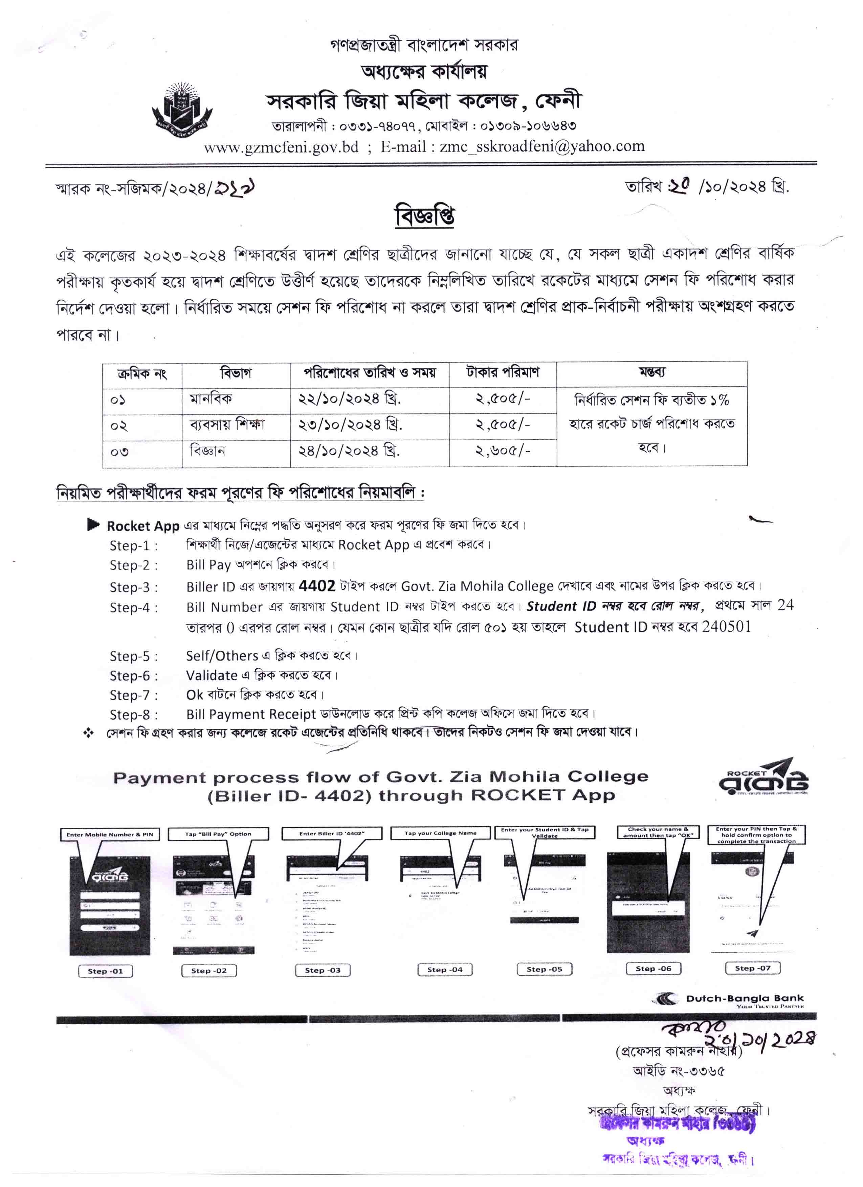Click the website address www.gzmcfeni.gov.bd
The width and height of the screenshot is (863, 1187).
281,147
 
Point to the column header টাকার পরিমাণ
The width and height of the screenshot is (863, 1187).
502,373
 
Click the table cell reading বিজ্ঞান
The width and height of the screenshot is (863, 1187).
208,450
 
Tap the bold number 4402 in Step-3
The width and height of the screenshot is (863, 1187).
316,586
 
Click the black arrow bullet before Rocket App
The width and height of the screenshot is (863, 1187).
93,525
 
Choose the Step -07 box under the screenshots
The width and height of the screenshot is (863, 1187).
752,968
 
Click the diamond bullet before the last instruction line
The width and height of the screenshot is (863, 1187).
88,733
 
